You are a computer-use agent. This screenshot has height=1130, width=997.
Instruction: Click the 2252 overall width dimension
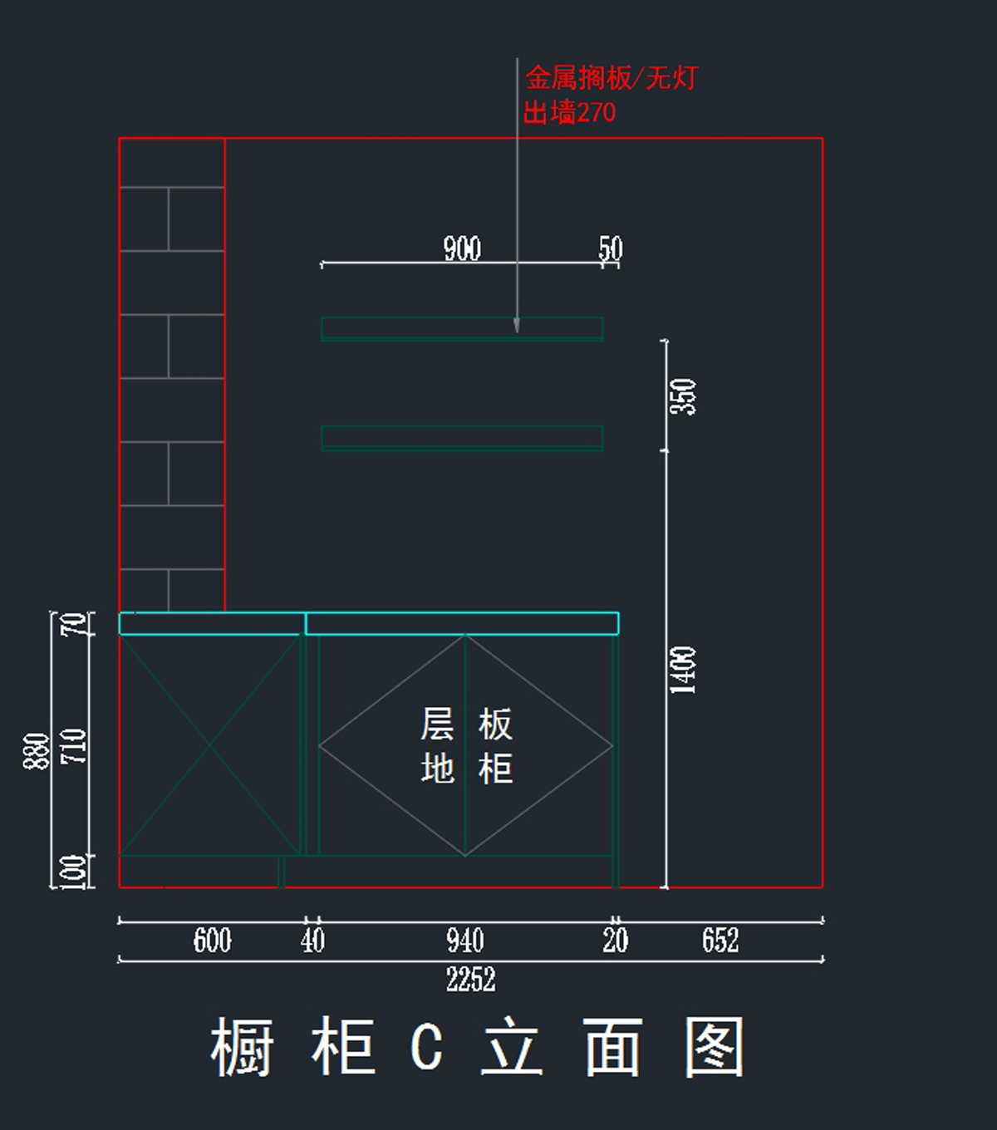tap(470, 980)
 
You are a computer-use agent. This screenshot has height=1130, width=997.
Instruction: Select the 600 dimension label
tap(212, 941)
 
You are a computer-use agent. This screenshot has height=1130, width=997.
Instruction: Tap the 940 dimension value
tap(464, 941)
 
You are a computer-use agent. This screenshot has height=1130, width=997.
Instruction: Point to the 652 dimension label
tap(720, 941)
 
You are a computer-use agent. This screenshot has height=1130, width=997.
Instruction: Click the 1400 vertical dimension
tap(683, 670)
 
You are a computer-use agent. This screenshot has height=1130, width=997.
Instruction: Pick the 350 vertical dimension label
tap(683, 396)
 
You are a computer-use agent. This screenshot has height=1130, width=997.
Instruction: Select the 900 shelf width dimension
tap(462, 248)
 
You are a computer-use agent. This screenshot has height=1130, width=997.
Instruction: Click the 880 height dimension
tap(37, 751)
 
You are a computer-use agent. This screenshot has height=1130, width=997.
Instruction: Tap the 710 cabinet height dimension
tap(74, 745)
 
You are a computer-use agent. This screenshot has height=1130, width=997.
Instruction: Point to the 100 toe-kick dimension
tap(74, 872)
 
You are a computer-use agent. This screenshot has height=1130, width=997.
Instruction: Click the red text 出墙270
tap(569, 112)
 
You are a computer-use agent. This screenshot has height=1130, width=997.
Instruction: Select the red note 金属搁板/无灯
tap(611, 79)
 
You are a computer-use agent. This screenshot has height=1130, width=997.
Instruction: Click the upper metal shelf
tap(462, 328)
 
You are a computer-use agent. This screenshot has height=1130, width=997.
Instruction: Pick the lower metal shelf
tap(462, 438)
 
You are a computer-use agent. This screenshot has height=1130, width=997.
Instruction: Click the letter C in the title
tap(426, 1047)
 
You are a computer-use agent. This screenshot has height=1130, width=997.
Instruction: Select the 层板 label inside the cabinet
tap(465, 725)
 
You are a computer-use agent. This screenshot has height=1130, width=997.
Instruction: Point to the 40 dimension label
tap(312, 941)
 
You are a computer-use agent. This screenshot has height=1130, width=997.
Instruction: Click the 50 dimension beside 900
tap(610, 248)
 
